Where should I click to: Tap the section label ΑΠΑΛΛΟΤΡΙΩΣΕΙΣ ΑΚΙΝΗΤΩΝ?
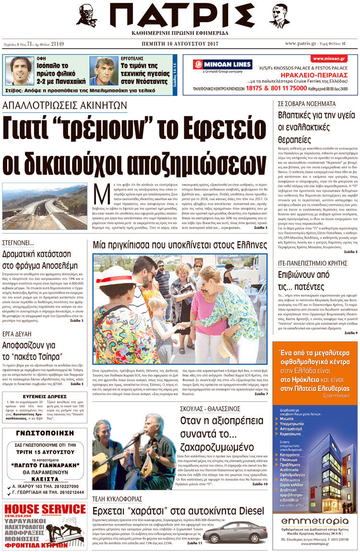[65, 105]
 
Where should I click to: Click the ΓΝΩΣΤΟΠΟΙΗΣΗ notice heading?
[44, 435]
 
